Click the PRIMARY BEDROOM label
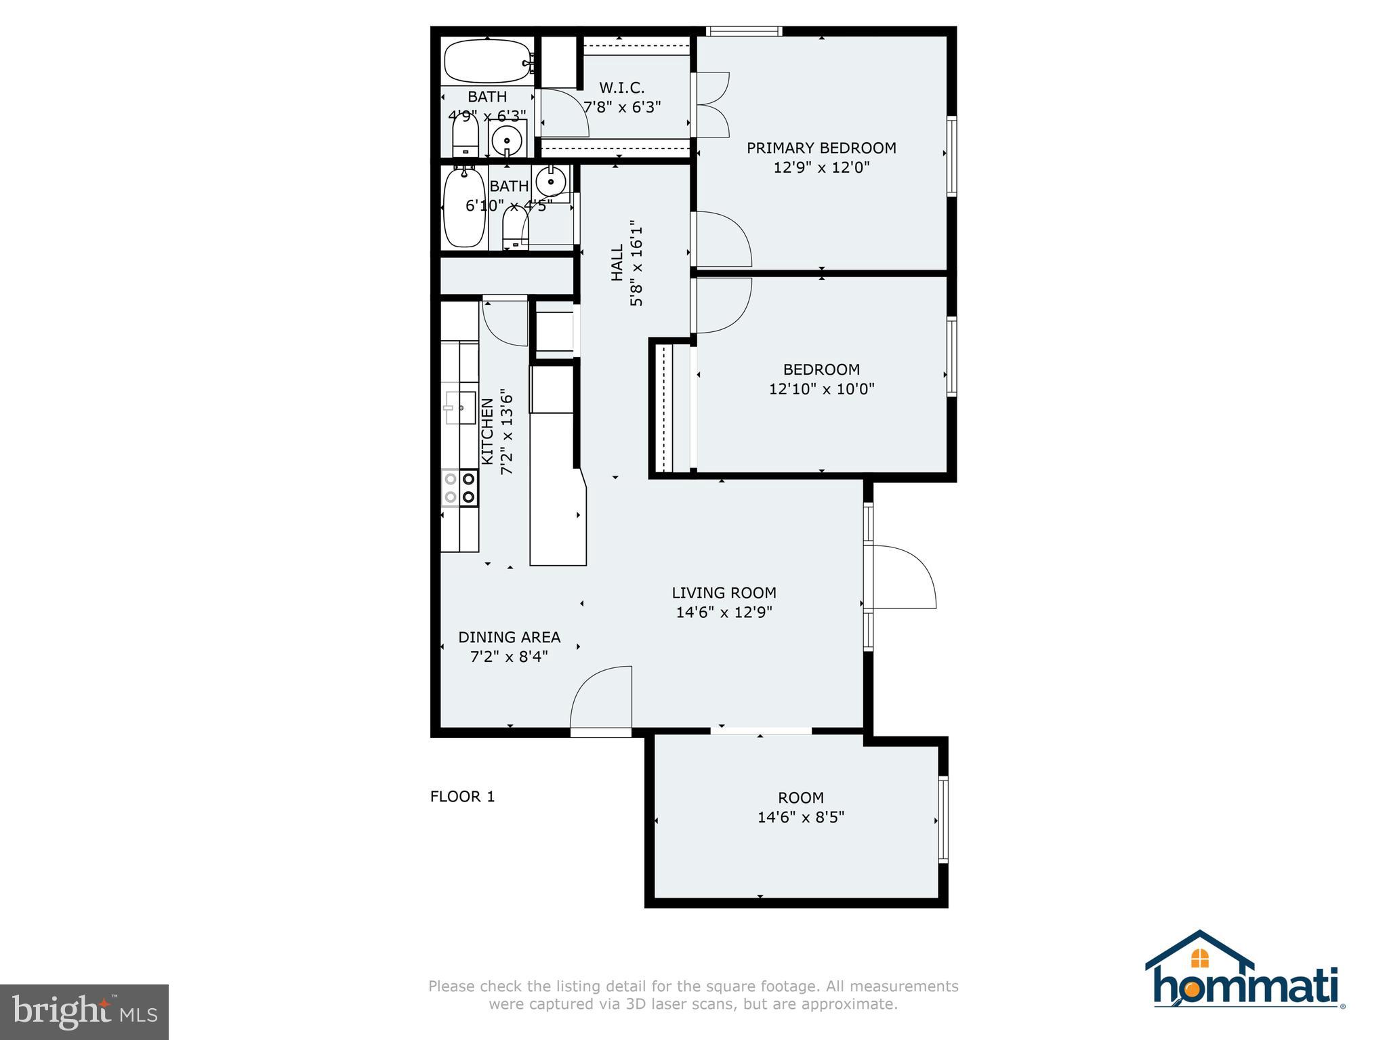point(821,148)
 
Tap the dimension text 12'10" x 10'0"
point(821,389)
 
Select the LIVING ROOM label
point(724,593)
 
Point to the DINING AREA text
point(510,637)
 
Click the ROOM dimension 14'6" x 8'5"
point(800,817)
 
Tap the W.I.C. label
point(621,87)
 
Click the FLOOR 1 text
point(462,796)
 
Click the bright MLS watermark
point(84,1012)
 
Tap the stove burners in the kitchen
point(459,488)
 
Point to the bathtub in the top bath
point(485,61)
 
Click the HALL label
point(617,263)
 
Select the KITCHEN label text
point(487,432)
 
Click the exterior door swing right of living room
point(905,576)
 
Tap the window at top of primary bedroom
point(743,30)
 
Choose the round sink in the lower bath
point(550,182)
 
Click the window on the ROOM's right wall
point(943,820)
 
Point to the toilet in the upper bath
point(465,136)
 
